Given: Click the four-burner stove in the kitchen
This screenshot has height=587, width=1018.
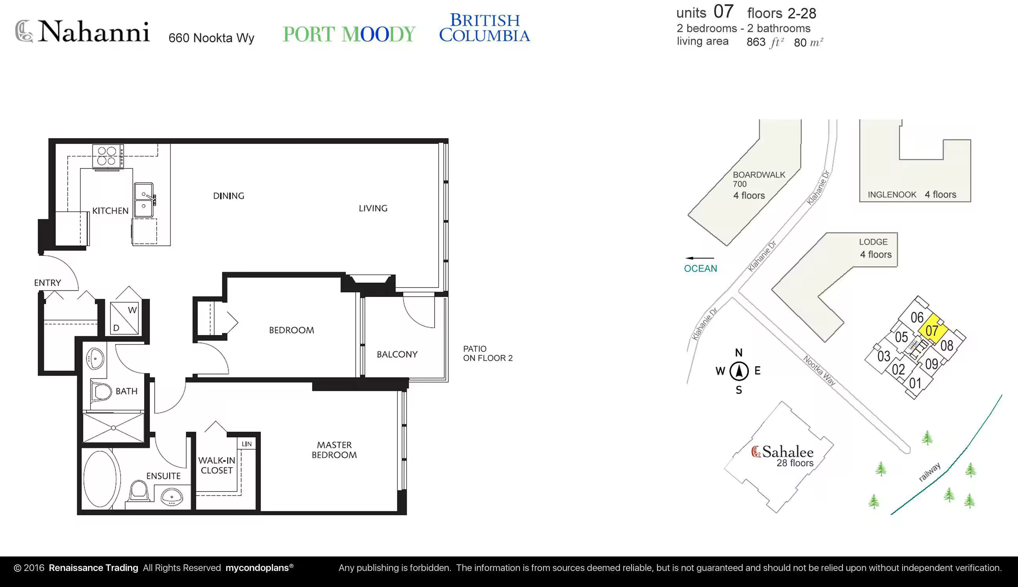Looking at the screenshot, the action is pos(108,156).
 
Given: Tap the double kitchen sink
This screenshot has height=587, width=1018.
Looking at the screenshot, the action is pos(144,200).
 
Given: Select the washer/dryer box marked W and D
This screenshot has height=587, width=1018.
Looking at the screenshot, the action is pos(124,319).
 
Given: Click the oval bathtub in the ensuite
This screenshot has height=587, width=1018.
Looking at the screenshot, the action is pos(102,479).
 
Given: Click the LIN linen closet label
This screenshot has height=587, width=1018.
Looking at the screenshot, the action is pos(247,444).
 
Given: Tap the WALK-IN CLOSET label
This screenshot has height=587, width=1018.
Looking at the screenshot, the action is pos(217,465).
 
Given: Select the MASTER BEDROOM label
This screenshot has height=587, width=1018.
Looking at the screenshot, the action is pos(334,450).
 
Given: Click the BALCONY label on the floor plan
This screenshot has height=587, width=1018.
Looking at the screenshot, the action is pos(397,355).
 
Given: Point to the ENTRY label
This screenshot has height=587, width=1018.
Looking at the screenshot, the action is pos(48,283).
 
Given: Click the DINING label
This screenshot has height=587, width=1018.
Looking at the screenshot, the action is pos(229,196).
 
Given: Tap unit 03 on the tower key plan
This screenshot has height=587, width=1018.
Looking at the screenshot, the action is pos(884,356).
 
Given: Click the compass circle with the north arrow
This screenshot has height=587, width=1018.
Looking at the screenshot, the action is pos(739,371).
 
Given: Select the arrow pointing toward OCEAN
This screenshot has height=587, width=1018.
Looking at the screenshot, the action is pos(699,258).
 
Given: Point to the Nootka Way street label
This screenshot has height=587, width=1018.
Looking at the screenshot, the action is pos(819,371).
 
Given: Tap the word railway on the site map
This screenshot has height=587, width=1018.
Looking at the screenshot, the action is pos(930,472).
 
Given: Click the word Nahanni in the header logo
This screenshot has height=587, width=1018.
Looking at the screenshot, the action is pos(94,31).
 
